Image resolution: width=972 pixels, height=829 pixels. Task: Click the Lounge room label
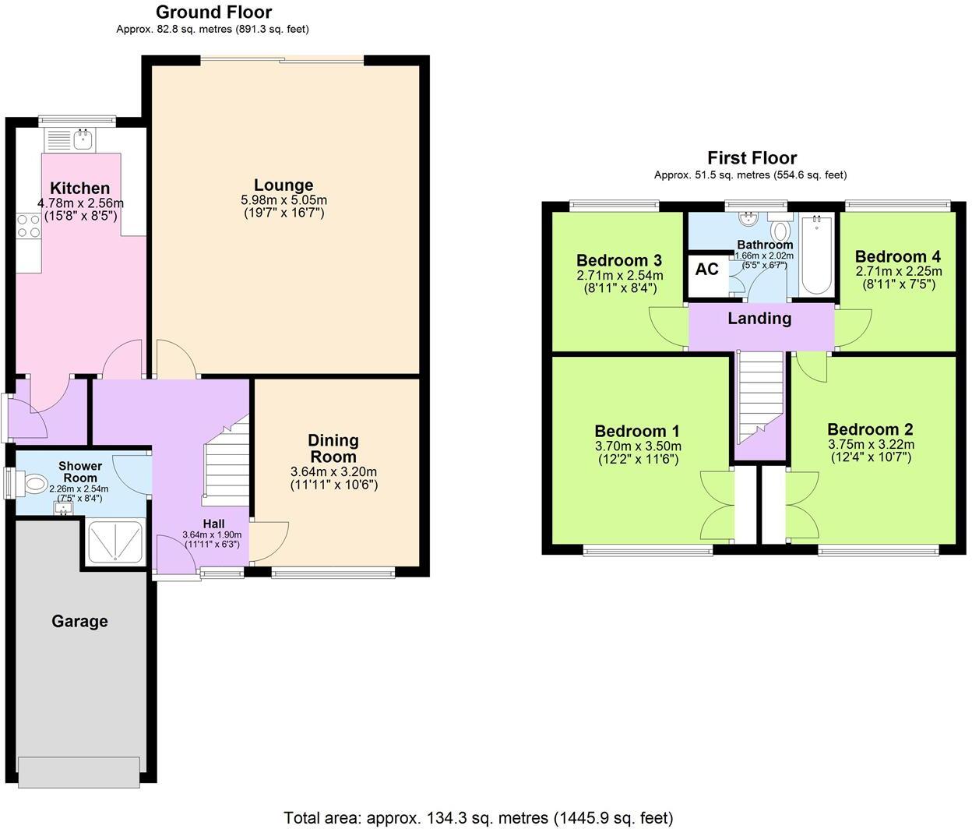(x=283, y=185)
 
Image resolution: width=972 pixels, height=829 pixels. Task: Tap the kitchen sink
(x=83, y=140)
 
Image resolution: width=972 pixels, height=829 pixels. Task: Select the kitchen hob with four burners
(x=29, y=226)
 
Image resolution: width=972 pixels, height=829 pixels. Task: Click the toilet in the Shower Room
(x=34, y=485)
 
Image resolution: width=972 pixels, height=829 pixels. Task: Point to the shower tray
(x=115, y=540)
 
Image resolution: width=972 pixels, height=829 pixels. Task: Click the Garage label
(x=79, y=621)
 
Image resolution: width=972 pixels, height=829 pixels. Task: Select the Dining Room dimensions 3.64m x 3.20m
(x=333, y=472)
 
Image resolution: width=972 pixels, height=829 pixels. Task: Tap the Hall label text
(x=214, y=524)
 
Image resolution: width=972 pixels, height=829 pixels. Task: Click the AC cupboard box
(x=706, y=270)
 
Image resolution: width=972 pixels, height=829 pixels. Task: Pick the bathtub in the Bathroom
(x=816, y=254)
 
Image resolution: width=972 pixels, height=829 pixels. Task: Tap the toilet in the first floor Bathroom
(x=780, y=231)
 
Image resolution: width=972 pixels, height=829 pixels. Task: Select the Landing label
(x=759, y=318)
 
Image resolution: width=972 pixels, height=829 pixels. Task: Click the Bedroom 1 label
(x=637, y=431)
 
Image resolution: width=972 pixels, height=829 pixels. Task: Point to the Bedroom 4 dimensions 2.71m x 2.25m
(x=898, y=271)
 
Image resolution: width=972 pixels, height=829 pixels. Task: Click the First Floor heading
(x=751, y=158)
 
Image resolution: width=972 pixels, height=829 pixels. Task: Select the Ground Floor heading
(x=213, y=12)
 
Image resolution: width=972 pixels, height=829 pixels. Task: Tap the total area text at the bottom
(x=478, y=817)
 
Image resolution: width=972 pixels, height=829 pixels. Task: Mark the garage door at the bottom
(x=80, y=771)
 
